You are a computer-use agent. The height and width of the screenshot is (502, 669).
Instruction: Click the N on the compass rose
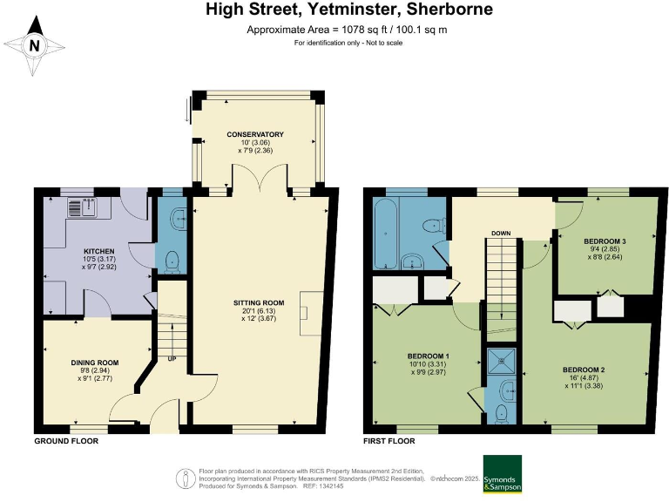point(35,45)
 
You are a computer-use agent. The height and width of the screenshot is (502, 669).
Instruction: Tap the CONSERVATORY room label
point(255,134)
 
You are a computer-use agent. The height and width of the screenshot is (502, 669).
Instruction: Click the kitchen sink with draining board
point(83,207)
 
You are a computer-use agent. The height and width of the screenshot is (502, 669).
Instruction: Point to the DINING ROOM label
point(95,363)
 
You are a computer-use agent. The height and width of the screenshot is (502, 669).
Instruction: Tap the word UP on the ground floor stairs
point(172,359)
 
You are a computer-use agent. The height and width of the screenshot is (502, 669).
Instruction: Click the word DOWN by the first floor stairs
point(501,233)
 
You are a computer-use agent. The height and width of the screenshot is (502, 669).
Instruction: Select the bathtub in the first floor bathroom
point(386,234)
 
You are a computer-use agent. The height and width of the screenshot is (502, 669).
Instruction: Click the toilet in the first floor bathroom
point(434,224)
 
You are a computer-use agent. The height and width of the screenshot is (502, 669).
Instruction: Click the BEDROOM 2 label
point(584,370)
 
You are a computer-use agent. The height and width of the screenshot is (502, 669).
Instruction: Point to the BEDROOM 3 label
point(605,241)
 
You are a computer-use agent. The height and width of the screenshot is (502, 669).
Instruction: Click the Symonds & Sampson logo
point(502,474)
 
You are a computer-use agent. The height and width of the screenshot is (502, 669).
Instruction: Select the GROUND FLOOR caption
point(66,441)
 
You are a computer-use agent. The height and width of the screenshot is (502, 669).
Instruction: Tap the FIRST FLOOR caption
point(389,441)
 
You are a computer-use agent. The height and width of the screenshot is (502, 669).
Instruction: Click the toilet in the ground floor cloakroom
point(172,261)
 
